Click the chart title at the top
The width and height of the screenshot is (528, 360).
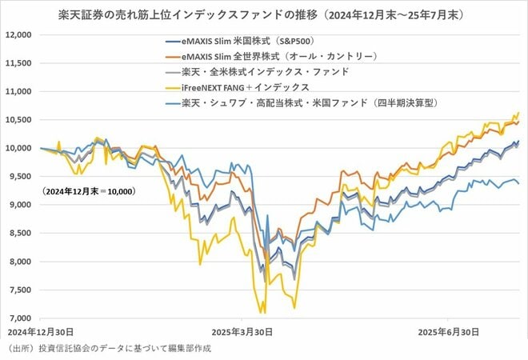click(x=264, y=15)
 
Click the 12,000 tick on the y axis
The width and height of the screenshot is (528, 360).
click(x=17, y=35)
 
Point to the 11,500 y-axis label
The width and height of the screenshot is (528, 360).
click(x=17, y=63)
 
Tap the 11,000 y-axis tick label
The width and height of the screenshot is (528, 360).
click(x=17, y=92)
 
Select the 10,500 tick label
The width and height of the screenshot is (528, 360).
click(x=17, y=120)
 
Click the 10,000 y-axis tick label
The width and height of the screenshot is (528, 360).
click(x=17, y=149)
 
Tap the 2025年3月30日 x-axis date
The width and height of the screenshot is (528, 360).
click(x=243, y=330)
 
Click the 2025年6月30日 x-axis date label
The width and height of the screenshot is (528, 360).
click(x=448, y=330)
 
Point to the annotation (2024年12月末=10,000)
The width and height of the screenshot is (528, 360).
click(x=77, y=192)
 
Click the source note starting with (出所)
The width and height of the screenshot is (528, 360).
click(x=111, y=349)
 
